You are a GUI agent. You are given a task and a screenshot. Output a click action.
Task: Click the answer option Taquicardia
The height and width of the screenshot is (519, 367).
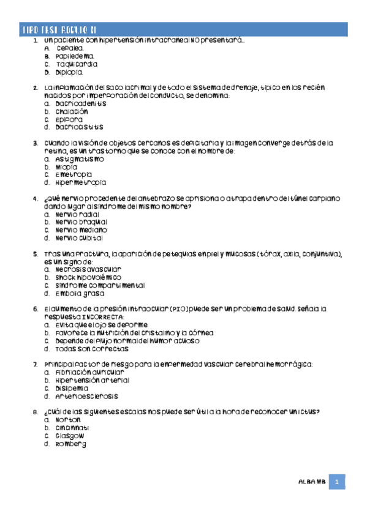[76, 64]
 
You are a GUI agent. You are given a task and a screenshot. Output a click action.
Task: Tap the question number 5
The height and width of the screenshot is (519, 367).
[36, 253]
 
